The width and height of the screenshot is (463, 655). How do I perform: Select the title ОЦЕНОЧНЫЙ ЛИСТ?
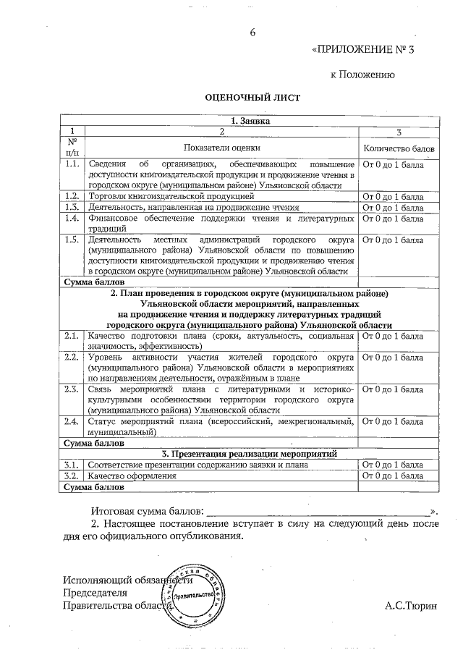(x=240, y=96)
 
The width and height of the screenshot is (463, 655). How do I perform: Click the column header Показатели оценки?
(x=221, y=147)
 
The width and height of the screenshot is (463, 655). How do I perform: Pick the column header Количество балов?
(x=399, y=147)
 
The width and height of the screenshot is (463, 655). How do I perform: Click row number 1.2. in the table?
(x=71, y=196)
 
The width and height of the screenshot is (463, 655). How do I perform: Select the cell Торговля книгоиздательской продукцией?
(x=170, y=196)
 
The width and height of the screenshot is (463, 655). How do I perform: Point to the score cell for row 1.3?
(x=393, y=207)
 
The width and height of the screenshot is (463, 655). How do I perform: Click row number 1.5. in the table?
(x=71, y=240)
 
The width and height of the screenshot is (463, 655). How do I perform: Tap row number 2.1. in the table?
(x=71, y=337)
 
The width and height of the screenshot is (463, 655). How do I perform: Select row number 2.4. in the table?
(x=71, y=421)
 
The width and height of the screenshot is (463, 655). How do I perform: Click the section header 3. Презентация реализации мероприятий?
(x=250, y=453)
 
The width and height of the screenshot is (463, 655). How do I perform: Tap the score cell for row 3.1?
(x=393, y=465)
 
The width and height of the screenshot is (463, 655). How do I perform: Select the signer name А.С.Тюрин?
(x=411, y=605)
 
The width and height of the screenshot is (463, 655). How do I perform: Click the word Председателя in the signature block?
(x=90, y=593)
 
